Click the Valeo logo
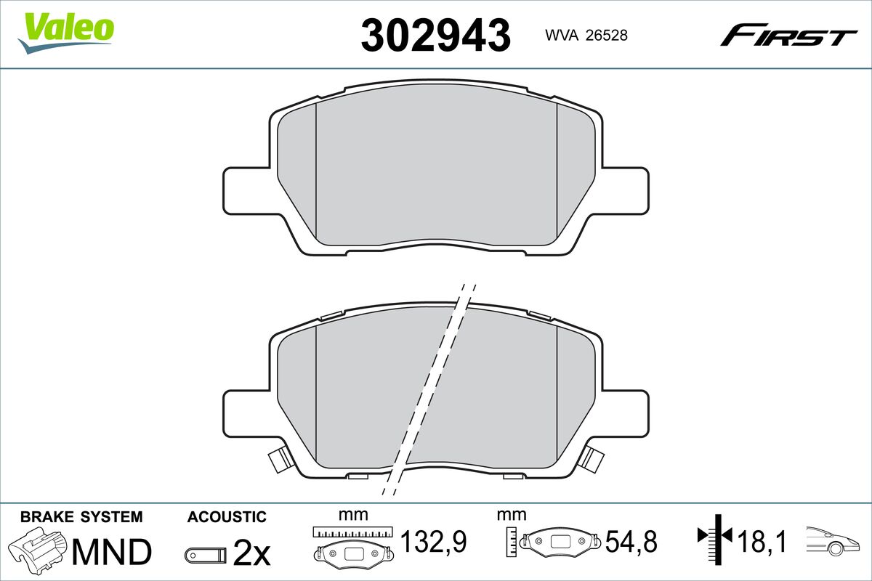point(66,33)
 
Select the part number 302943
point(435,36)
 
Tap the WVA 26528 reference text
point(586,36)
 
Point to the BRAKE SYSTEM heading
point(81,517)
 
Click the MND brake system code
point(112,552)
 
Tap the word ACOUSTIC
point(227,517)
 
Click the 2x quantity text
point(251,552)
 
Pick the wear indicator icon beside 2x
point(206,555)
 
